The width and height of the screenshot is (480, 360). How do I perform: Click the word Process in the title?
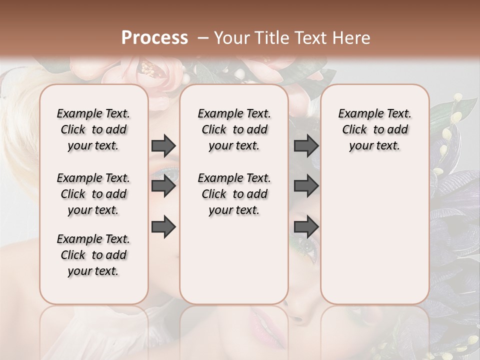[154, 38]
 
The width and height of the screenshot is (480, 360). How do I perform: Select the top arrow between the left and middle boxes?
[163, 146]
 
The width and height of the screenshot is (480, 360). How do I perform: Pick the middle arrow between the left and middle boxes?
[163, 186]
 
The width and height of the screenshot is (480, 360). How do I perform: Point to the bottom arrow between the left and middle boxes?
[163, 226]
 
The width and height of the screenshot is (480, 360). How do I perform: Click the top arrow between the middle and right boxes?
[306, 146]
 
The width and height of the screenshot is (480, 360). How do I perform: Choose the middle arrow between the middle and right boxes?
[306, 186]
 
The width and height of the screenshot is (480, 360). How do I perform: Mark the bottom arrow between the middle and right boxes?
[306, 226]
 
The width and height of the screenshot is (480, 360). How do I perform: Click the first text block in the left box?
[93, 129]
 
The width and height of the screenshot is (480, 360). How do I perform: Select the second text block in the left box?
[93, 194]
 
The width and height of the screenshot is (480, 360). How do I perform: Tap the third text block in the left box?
[93, 255]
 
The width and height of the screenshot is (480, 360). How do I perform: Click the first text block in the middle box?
[234, 129]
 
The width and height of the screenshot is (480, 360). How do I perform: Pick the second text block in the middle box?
[234, 194]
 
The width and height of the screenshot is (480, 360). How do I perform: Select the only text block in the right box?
[374, 129]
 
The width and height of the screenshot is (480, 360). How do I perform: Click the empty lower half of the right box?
[374, 240]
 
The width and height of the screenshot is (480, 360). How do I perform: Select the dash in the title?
[203, 38]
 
